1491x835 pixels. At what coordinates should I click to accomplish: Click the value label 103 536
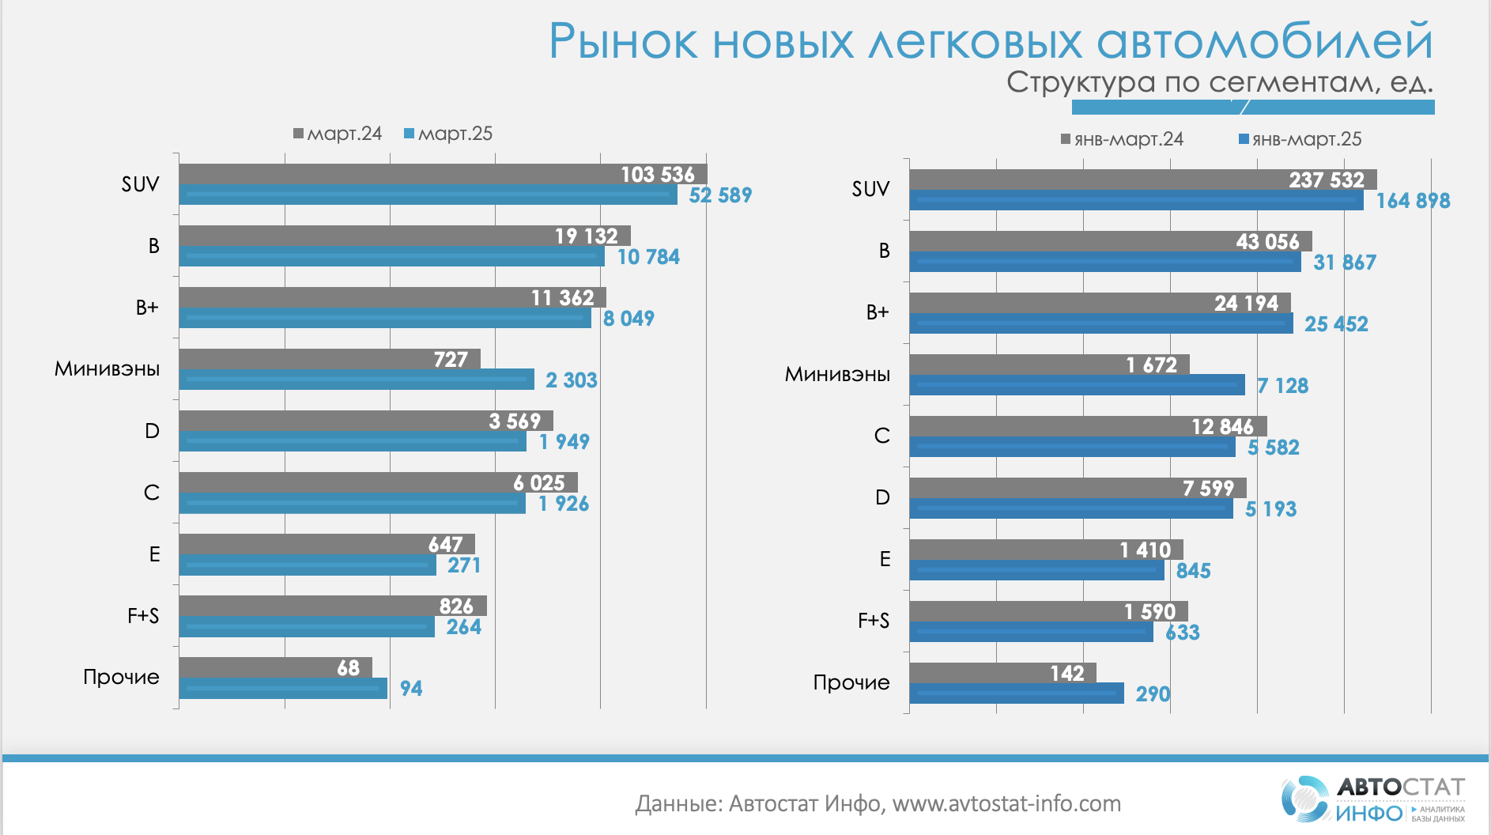pos(657,174)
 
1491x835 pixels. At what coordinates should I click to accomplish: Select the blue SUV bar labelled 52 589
pos(427,195)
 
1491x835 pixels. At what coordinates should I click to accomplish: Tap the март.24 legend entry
pos(338,134)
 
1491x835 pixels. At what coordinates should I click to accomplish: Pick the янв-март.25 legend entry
pos(1300,139)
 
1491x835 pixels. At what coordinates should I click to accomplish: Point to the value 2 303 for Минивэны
pos(571,380)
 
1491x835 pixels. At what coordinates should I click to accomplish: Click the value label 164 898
pos(1413,201)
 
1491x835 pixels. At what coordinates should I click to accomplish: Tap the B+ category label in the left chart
pos(147,308)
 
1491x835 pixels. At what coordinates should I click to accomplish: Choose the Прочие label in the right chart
pos(851,682)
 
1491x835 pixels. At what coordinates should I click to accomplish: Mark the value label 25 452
pos(1336,324)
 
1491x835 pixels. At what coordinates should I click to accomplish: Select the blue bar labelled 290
pos(1016,693)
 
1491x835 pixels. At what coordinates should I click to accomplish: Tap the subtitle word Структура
pos(1080,82)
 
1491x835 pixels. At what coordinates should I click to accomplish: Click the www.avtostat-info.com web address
pos(1006,804)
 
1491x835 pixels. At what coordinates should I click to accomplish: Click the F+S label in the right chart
pos(874,621)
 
